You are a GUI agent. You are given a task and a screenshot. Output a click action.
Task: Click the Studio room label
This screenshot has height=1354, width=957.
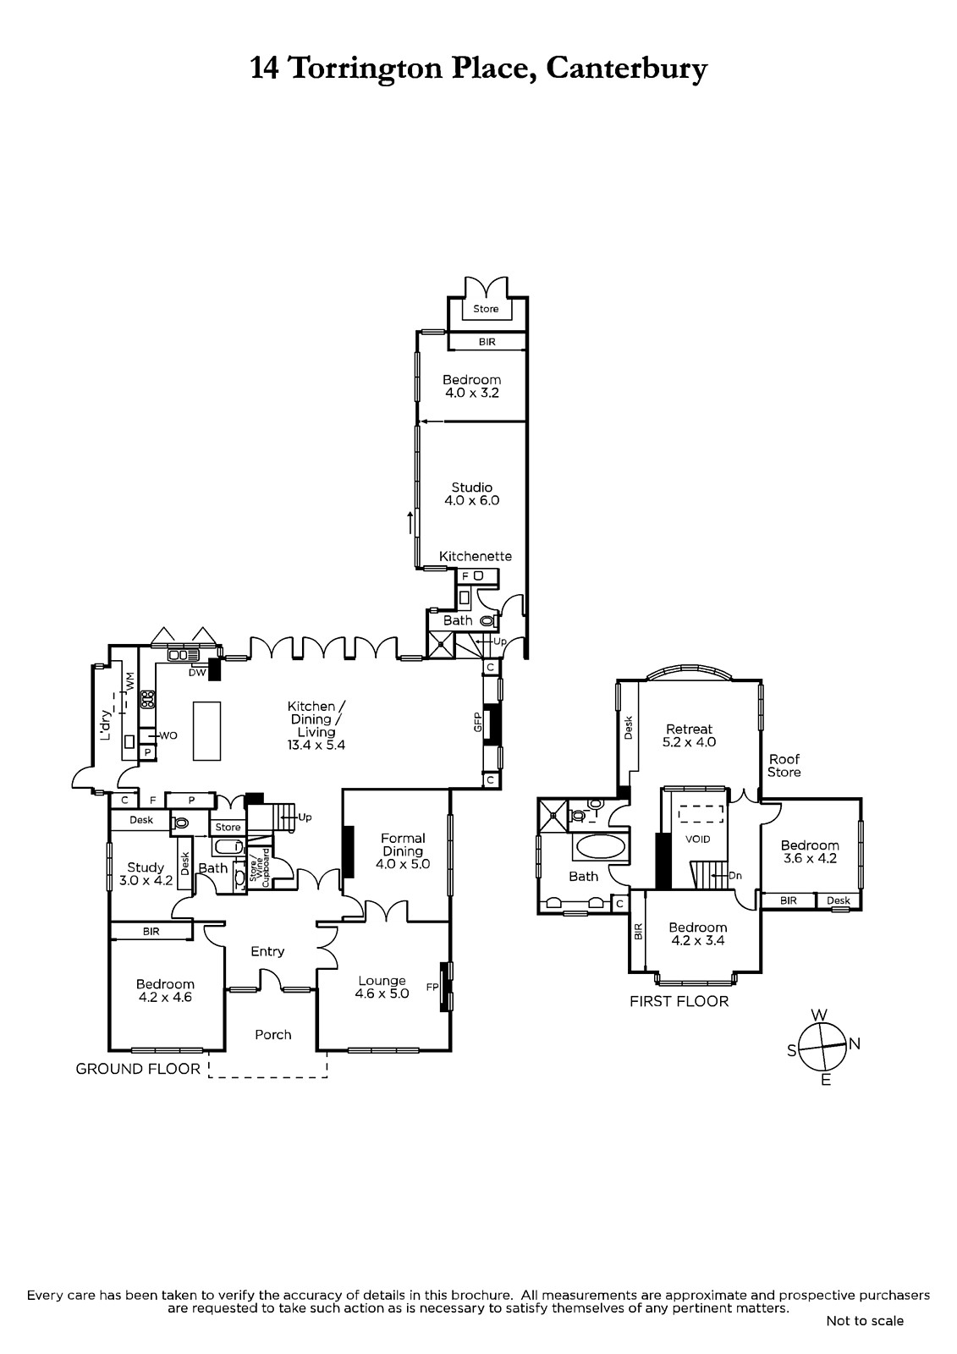(x=471, y=487)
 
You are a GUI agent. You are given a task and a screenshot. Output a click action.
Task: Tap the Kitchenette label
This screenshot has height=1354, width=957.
(x=476, y=556)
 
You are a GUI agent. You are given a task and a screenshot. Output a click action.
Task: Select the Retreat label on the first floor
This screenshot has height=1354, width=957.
(x=689, y=729)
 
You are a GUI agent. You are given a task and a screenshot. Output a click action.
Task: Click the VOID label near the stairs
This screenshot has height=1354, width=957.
(x=697, y=839)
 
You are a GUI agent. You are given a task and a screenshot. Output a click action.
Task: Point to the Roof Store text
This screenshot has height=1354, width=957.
(x=784, y=765)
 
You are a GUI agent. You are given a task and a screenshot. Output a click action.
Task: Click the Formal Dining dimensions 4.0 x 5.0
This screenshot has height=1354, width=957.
(x=403, y=864)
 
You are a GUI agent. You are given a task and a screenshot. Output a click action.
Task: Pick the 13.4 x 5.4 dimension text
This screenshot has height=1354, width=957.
(x=316, y=745)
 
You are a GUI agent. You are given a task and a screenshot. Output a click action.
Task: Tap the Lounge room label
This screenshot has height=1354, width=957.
(x=382, y=981)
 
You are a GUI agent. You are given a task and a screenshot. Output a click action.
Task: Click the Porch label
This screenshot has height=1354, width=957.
(x=273, y=1035)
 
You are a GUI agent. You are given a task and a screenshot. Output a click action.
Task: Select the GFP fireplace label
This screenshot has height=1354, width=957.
(x=477, y=723)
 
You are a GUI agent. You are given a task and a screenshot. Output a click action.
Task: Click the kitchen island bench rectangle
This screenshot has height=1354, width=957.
(x=206, y=731)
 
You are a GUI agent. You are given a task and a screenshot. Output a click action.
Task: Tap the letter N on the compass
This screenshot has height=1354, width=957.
(x=855, y=1043)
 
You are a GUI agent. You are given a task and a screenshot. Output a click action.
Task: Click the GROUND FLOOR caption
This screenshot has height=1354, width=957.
(x=138, y=1069)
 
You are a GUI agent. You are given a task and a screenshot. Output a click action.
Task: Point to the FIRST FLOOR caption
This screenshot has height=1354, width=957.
(x=679, y=1002)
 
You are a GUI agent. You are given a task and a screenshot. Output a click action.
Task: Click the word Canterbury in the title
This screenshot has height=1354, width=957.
(x=626, y=69)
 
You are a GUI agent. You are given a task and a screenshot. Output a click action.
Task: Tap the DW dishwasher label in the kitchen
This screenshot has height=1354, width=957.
(x=198, y=672)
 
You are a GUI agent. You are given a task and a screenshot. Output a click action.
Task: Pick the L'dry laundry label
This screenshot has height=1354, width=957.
(x=106, y=724)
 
